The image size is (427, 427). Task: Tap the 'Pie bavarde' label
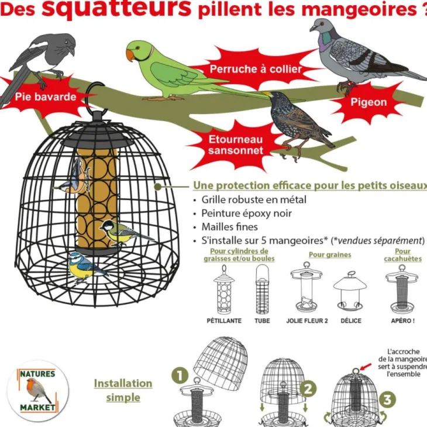click(x=46, y=97)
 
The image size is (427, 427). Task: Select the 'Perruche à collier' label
click(x=256, y=69)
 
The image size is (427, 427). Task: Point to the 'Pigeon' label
click(x=369, y=102)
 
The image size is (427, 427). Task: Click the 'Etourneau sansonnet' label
click(x=236, y=145)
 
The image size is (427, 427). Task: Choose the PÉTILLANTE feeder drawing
click(x=224, y=290)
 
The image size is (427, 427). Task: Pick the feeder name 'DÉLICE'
click(x=351, y=321)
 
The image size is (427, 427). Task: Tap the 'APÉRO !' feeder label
click(x=402, y=321)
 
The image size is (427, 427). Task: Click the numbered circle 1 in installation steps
click(x=180, y=376)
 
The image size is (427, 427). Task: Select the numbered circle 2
click(x=308, y=389)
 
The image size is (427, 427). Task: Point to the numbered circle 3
click(x=387, y=400)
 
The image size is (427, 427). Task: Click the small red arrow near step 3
click(x=366, y=366)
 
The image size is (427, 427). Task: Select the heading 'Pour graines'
click(x=330, y=254)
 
